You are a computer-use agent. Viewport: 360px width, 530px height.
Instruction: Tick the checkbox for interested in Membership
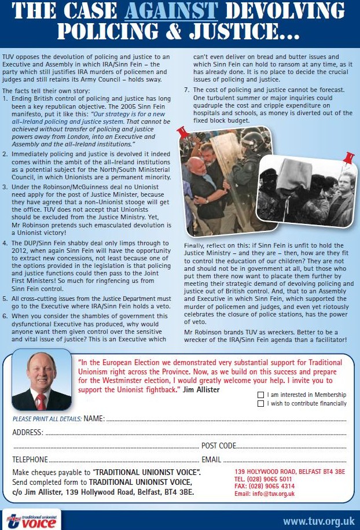pos(260,395)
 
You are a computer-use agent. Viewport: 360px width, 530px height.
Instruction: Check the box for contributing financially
pos(260,403)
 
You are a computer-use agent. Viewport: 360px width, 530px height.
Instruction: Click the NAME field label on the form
pos(94,418)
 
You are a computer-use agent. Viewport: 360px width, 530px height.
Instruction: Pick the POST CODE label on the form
pos(219,446)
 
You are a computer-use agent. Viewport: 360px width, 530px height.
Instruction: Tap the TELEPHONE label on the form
pos(30,459)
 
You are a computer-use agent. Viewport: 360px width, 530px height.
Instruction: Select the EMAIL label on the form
pos(211,459)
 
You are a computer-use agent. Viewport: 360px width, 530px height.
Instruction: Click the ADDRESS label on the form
pos(27,432)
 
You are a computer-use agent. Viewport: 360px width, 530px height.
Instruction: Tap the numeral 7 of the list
pos(186,90)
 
